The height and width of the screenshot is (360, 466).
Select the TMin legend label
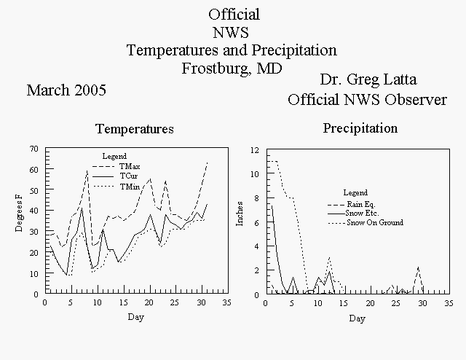(x=130, y=187)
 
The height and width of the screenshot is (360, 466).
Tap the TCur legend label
(x=129, y=176)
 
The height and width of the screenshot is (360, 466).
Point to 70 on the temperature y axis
(x=34, y=149)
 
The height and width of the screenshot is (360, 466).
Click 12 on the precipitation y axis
(x=255, y=150)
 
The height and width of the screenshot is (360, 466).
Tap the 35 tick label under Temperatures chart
(x=226, y=302)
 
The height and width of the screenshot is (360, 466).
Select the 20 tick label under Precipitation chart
(x=370, y=303)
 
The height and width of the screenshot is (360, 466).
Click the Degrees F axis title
(x=19, y=213)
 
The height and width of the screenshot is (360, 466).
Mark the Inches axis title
(x=240, y=214)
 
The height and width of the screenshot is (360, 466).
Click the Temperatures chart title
(x=135, y=129)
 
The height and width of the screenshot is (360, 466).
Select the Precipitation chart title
(x=360, y=128)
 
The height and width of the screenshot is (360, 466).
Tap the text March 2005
(x=66, y=90)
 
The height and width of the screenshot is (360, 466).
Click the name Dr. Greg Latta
(x=368, y=79)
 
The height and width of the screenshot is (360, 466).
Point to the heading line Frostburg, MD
(x=232, y=69)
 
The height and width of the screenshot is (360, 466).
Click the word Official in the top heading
(x=234, y=15)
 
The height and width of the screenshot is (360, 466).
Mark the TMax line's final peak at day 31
(x=207, y=163)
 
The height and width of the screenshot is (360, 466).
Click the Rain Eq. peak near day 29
(x=419, y=267)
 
